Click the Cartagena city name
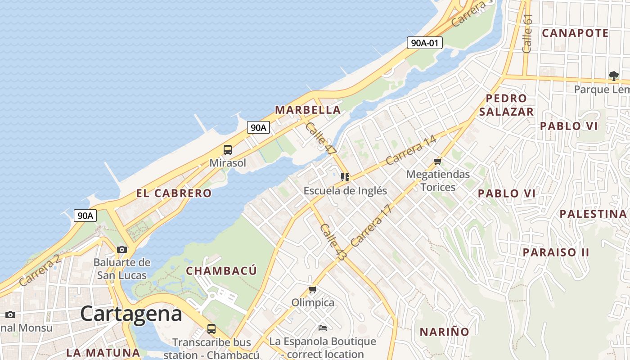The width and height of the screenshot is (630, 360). pyautogui.click(x=131, y=314)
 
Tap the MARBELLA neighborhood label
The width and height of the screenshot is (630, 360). pyautogui.click(x=308, y=110)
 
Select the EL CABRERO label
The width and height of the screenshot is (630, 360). pyautogui.click(x=174, y=193)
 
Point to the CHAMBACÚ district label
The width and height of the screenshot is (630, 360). pyautogui.click(x=221, y=271)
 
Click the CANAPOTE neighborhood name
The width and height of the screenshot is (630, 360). pyautogui.click(x=575, y=33)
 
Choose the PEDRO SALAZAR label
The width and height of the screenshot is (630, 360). pyautogui.click(x=506, y=105)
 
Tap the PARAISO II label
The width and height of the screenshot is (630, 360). pyautogui.click(x=556, y=252)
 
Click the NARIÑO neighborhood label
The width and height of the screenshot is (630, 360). pyautogui.click(x=445, y=332)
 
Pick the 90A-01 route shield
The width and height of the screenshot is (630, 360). pyautogui.click(x=424, y=43)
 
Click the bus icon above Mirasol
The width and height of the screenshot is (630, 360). pyautogui.click(x=228, y=150)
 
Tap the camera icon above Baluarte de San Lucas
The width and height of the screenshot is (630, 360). pyautogui.click(x=121, y=249)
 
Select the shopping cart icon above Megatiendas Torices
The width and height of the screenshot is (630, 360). pyautogui.click(x=437, y=161)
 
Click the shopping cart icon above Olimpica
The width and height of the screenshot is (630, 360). pyautogui.click(x=313, y=290)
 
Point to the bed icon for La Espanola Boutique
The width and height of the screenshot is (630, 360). pyautogui.click(x=322, y=328)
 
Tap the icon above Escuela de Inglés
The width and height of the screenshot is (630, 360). pyautogui.click(x=345, y=177)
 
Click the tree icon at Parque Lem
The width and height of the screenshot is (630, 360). pyautogui.click(x=613, y=76)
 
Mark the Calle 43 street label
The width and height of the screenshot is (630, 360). pyautogui.click(x=333, y=243)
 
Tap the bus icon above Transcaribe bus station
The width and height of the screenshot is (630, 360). pyautogui.click(x=211, y=329)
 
